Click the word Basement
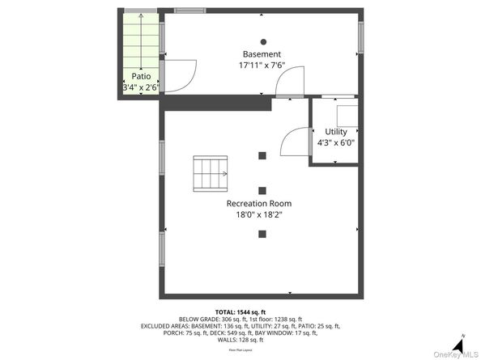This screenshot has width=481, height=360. coord(261,54)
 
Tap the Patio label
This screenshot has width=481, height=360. coord(140,76)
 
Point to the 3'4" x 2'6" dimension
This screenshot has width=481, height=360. coord(140,86)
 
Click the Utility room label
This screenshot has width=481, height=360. coord(335,132)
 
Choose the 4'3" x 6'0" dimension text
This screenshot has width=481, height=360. coord(335,142)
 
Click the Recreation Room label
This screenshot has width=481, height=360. coord(258,203)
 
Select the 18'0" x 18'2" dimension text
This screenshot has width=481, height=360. coord(258,215)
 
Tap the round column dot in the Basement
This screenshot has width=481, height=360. coord(262,41)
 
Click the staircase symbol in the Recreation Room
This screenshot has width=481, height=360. coord(211,172)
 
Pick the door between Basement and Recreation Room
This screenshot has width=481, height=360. coord(290,83)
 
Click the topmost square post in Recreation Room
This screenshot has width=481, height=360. coord(262,155)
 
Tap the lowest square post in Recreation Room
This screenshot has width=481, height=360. coord(262,235)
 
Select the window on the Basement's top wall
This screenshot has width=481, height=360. coord(190,11)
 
